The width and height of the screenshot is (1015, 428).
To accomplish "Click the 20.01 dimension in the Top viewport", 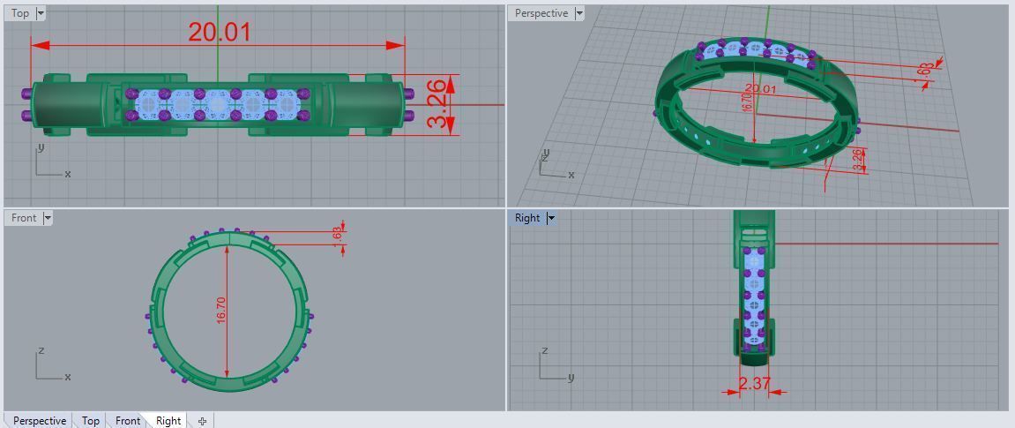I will [x=220, y=33].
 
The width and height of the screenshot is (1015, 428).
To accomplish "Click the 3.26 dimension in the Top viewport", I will [x=437, y=104].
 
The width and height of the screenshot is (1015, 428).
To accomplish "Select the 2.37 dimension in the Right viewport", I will [x=754, y=383].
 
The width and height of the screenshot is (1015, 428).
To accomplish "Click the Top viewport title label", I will [x=19, y=13].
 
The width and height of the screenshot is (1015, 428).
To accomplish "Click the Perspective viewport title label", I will [x=541, y=13].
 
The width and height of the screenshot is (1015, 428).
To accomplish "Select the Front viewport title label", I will [x=24, y=218].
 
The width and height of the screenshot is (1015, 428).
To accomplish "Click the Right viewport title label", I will [x=527, y=218].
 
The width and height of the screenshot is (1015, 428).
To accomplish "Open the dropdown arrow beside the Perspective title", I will [x=579, y=13].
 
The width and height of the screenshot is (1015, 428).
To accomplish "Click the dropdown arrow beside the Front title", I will [x=48, y=218].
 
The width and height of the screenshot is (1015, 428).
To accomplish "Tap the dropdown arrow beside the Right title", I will [x=551, y=218].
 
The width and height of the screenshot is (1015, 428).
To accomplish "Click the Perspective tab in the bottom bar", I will [x=39, y=421].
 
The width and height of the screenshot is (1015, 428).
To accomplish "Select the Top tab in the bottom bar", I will [x=90, y=421].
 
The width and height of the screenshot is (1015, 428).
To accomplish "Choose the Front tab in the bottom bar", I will [x=128, y=421].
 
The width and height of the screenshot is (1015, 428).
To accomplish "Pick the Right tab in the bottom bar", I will [x=168, y=421].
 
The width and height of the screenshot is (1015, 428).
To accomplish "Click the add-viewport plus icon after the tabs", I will [x=202, y=421].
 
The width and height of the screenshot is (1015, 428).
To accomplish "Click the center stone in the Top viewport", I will [x=219, y=104].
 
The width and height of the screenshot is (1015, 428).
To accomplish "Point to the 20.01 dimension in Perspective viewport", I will [x=761, y=89].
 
